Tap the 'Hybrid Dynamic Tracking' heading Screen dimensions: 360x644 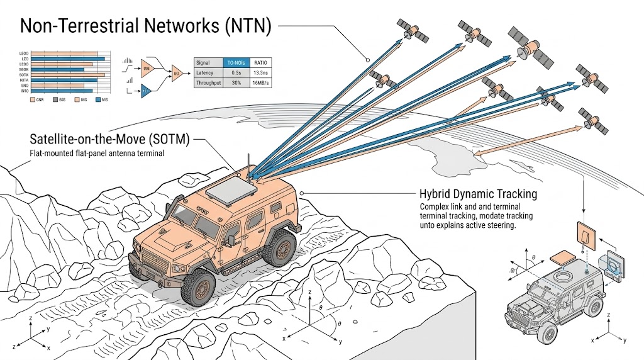click(479, 194)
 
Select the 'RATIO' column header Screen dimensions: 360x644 click(260, 63)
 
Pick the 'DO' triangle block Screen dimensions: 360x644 click(177, 74)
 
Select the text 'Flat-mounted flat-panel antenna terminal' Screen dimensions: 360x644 click(97, 154)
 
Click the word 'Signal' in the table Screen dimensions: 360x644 click(203, 63)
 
